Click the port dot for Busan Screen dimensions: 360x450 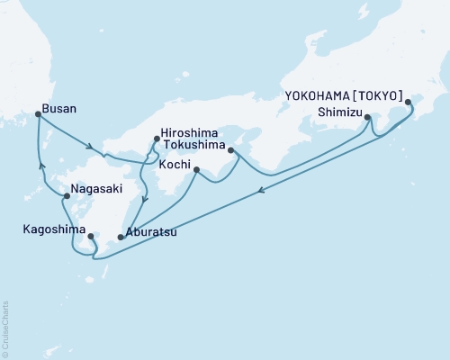pos(38,114)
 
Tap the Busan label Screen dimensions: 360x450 pos(61,109)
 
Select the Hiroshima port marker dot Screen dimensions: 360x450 pos(157,139)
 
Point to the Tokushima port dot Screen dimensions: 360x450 pos(231,150)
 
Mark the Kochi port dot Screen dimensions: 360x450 pos(196,168)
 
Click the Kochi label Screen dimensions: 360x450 pos(174,165)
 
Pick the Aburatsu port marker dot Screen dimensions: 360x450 pos(120,238)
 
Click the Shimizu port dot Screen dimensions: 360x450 pos(367,117)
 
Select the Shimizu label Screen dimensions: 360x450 pos(340,112)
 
